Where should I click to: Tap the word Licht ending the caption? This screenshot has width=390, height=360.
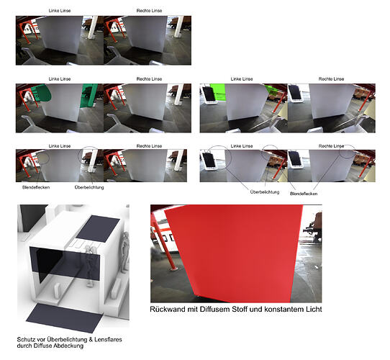pos(312,309)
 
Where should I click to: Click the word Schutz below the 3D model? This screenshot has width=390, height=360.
pos(26,339)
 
